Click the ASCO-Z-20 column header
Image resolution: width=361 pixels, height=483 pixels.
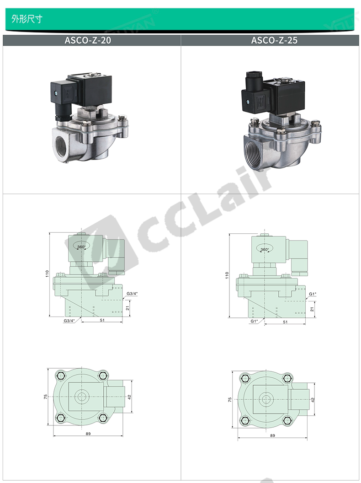[x=88, y=40]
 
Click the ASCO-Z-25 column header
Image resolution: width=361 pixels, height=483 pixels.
[x=274, y=40]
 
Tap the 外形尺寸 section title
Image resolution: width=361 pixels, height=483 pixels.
[x=27, y=19]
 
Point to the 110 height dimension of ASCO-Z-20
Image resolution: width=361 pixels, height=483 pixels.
[x=47, y=274]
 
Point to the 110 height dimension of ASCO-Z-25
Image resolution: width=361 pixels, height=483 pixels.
[x=227, y=275]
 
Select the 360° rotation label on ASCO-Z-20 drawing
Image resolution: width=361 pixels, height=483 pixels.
[x=81, y=247]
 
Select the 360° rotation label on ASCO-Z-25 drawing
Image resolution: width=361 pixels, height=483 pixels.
[x=265, y=250]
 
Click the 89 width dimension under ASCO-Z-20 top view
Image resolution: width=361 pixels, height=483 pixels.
[x=88, y=434]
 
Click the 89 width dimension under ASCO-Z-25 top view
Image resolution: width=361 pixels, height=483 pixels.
[x=272, y=435]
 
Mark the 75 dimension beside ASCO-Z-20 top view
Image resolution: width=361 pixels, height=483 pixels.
[x=46, y=397]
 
